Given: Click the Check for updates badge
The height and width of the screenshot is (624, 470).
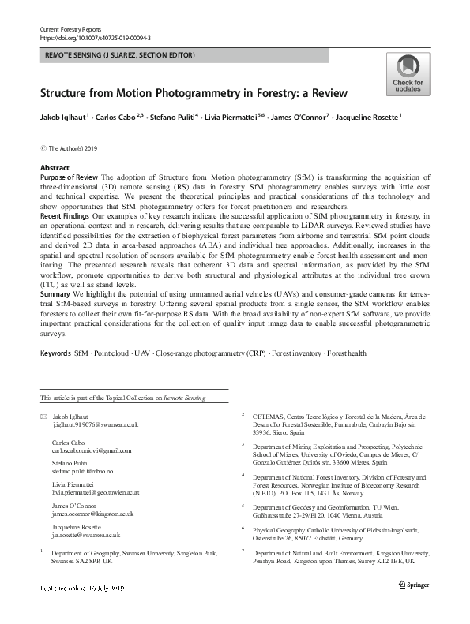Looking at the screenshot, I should pos(408,75).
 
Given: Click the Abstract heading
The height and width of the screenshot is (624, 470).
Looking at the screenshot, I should pos(54,168).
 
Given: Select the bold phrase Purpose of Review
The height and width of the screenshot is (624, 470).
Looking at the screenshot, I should pos(70,177).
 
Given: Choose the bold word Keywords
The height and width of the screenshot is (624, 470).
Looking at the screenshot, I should pos(55,353).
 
